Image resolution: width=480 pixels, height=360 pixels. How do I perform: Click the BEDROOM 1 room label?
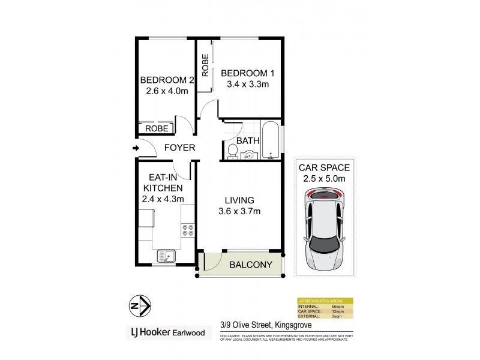coord(248,73)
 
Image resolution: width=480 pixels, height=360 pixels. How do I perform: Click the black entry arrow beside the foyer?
coord(136,148)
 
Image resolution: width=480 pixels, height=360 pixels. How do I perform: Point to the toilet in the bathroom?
coord(232,151)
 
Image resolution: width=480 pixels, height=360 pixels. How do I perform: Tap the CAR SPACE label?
coord(324,167)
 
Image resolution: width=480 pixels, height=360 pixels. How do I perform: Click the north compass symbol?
coord(139,306)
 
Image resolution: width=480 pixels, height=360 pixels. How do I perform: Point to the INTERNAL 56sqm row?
coord(325,307)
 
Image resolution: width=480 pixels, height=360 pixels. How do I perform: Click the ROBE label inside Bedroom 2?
coord(157,128)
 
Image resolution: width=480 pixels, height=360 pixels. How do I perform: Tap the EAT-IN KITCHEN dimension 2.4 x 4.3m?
coord(163,199)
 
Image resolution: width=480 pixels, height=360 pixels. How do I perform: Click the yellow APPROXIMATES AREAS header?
coord(325,301)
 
